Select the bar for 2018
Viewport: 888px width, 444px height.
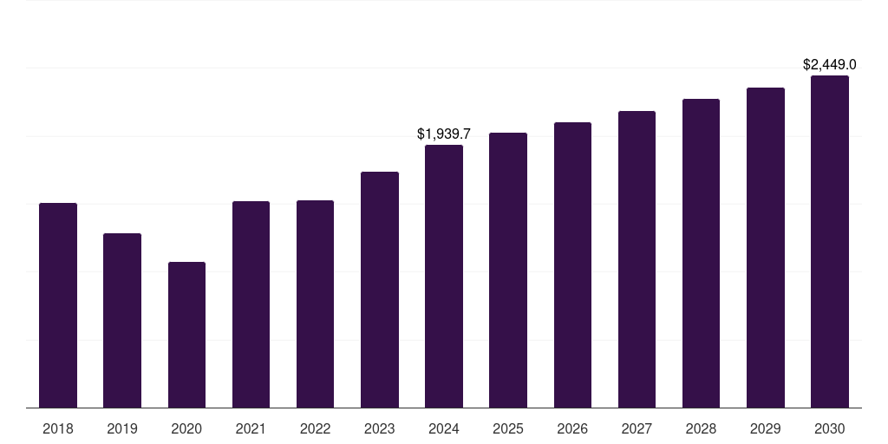point(58,305)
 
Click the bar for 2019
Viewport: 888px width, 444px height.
point(122,321)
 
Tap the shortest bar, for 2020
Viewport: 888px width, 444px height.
point(187,335)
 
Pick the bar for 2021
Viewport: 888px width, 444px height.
point(251,304)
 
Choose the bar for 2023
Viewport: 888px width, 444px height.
point(380,290)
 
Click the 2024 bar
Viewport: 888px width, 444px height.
point(444,277)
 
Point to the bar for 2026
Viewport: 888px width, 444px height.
point(572,265)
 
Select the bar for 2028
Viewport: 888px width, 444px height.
point(701,253)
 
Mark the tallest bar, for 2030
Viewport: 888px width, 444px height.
point(830,242)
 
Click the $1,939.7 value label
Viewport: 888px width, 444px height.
point(444,134)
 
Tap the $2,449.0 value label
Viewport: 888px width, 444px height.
point(830,65)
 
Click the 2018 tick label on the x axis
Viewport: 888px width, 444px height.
point(58,429)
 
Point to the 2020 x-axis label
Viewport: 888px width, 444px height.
point(187,429)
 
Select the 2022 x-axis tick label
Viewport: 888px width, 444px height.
point(315,429)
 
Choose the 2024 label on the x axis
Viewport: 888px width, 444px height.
point(444,429)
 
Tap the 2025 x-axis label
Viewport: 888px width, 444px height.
point(508,429)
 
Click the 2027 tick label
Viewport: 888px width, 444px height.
point(637,429)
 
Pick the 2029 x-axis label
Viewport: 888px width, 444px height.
point(765,429)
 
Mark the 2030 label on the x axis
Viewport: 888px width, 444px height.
point(830,429)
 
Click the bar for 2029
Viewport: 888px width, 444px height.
point(766,248)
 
